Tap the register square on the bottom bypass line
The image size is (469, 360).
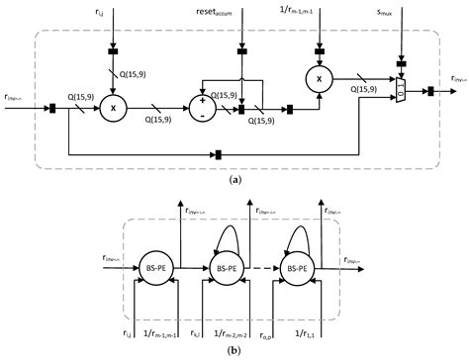click(216, 154)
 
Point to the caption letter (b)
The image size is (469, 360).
click(234, 350)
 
